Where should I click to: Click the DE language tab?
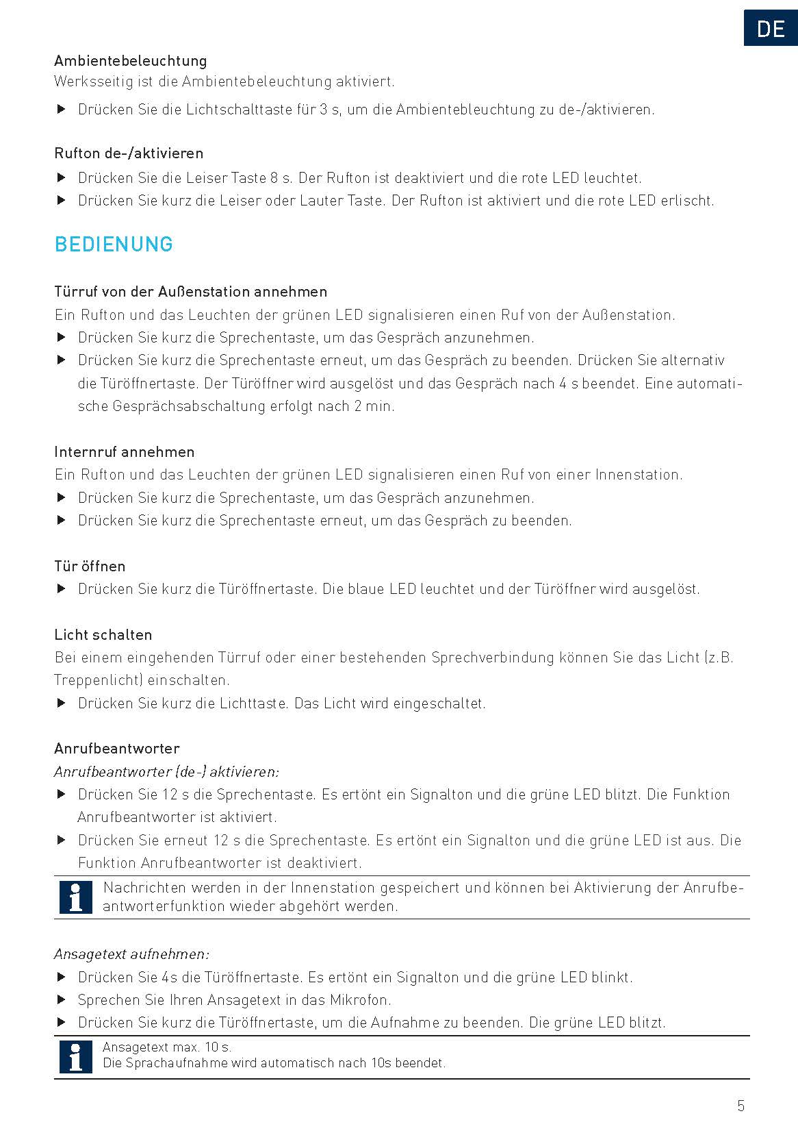coord(771,29)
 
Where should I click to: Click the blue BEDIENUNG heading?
coord(114,245)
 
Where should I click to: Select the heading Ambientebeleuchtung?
coord(131,61)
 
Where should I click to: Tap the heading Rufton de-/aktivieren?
coord(129,153)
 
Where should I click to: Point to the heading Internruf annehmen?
coord(125,452)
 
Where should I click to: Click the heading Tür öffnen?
coord(90,566)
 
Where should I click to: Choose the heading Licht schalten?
coord(103,635)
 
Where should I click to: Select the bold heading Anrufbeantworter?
coord(117,749)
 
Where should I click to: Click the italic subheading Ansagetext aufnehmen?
coord(132,954)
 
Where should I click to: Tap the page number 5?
coord(741,1106)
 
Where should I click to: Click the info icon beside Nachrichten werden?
coord(76,897)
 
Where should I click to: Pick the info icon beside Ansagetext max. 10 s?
coord(76,1056)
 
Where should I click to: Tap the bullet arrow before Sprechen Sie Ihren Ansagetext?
coord(62,1000)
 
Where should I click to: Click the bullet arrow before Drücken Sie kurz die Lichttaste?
coord(62,704)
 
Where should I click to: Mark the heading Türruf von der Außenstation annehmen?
coord(191,292)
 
